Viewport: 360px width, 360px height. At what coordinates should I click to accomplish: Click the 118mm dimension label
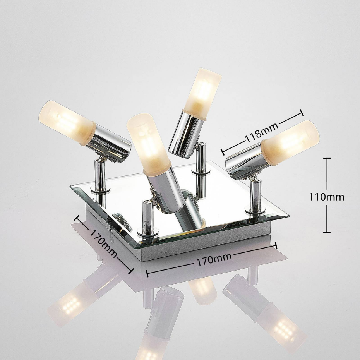pyautogui.click(x=262, y=132)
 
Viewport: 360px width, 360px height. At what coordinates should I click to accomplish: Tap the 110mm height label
pyautogui.click(x=327, y=197)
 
